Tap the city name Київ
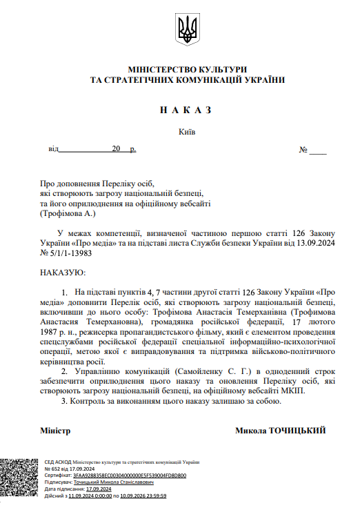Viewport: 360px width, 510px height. point(186,131)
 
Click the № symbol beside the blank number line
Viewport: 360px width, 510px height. point(303,150)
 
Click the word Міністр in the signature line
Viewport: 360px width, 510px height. point(56,431)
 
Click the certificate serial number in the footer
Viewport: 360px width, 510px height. point(129,475)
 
